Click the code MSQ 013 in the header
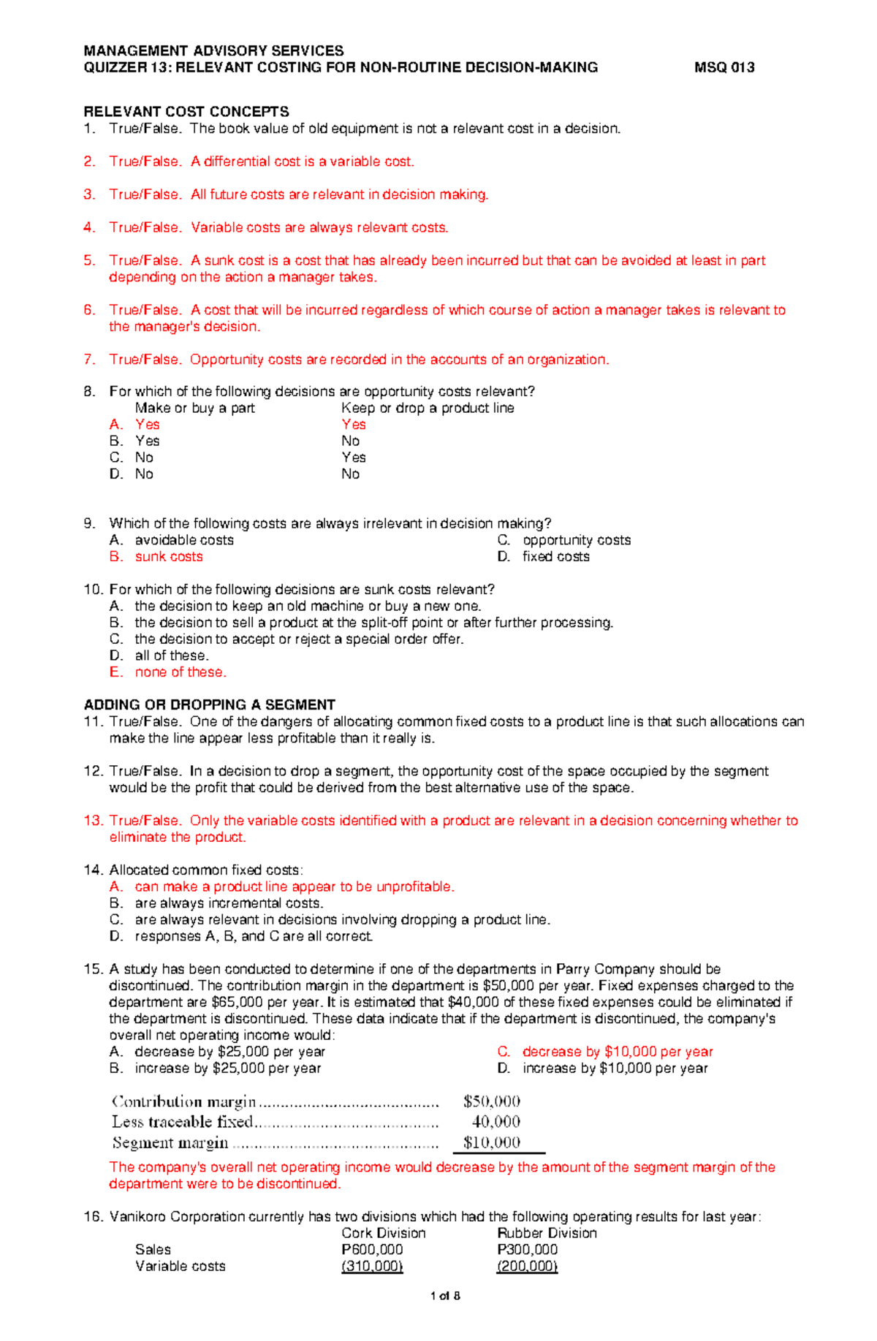[724, 67]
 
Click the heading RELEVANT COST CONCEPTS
[186, 112]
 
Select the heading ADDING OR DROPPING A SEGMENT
[210, 704]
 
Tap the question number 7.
[89, 360]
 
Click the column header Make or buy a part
[195, 408]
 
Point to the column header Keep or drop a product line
[428, 408]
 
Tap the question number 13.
[94, 821]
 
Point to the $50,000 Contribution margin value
[491, 1101]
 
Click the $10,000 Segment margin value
[491, 1142]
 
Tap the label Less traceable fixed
[182, 1122]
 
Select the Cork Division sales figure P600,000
[372, 1250]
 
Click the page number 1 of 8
[445, 1296]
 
